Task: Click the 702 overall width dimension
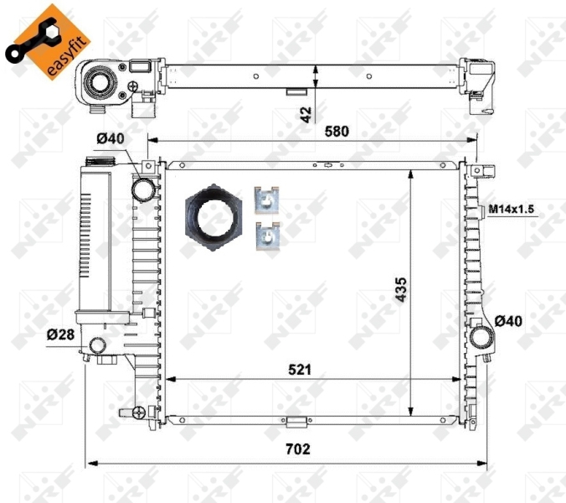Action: [296, 449]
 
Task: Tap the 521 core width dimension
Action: [297, 368]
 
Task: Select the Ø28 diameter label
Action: [60, 334]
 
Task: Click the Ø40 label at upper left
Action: [109, 138]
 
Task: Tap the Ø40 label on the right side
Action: [509, 321]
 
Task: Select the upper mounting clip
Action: [265, 201]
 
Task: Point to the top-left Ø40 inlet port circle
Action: [144, 189]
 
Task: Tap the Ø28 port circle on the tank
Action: [98, 345]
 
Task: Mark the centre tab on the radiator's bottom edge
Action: [296, 420]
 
